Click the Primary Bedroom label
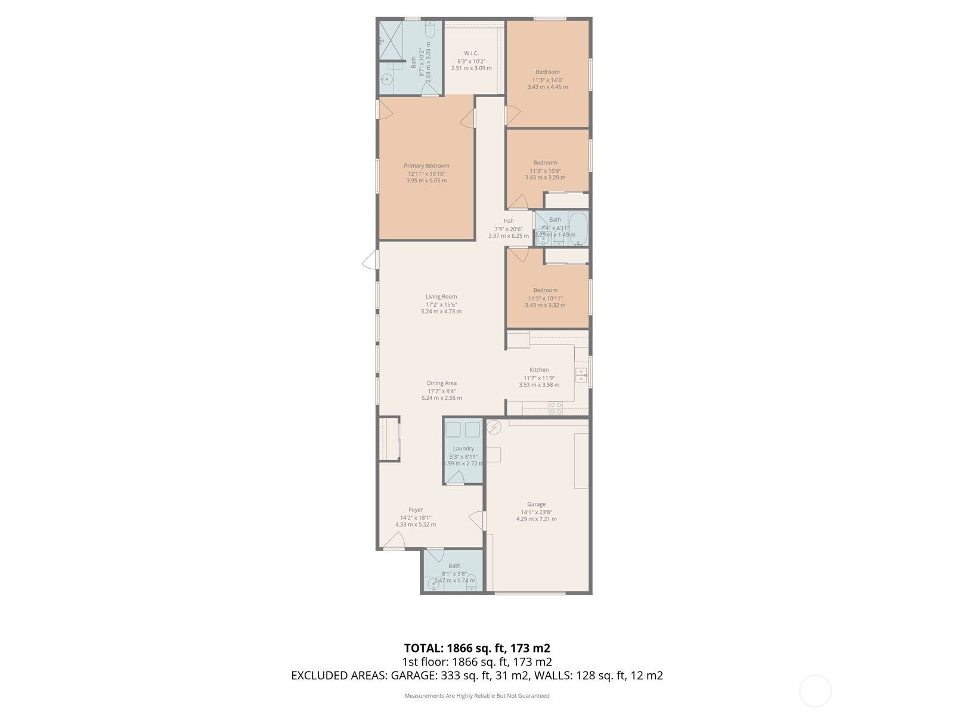coord(426,166)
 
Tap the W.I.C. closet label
coord(471,53)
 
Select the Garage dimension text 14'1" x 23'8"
coord(536,512)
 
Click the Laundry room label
coord(463,449)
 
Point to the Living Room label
coord(441,297)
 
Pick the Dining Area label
coord(442,383)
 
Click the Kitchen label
coord(539,370)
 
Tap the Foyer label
coord(416,509)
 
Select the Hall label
coord(508,220)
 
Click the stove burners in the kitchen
coord(555,408)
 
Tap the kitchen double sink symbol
coord(581,375)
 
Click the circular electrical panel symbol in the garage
coord(494,427)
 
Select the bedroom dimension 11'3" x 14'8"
coord(547,79)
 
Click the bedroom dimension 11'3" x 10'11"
coord(545,298)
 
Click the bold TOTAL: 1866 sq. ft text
coord(476,648)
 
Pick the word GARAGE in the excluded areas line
coord(413,676)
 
